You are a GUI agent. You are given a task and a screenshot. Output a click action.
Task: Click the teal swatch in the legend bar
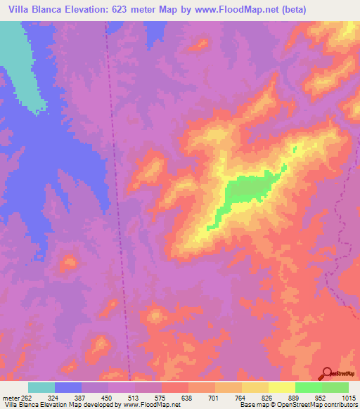pos(41,387)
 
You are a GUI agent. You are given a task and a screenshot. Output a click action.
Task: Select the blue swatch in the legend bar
pos(68,387)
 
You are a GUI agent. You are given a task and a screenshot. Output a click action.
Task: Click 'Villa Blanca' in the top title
pos(32,9)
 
